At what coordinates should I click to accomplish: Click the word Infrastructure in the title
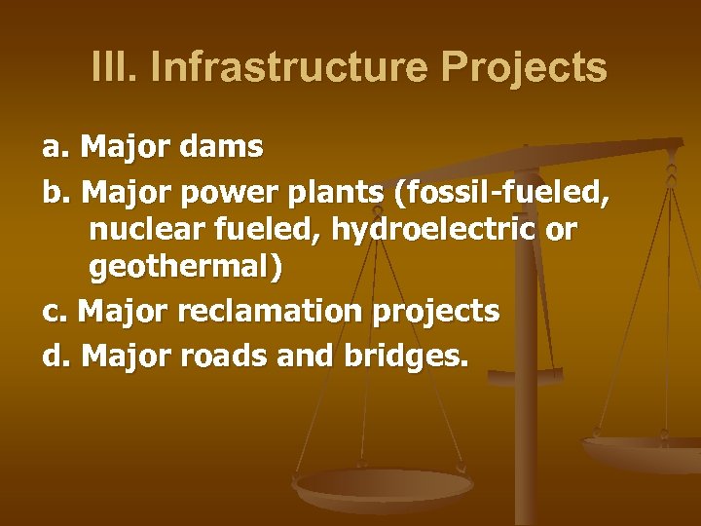coord(290,68)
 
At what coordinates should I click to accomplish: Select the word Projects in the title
coord(524,68)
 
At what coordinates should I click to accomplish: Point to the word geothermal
coord(185,271)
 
